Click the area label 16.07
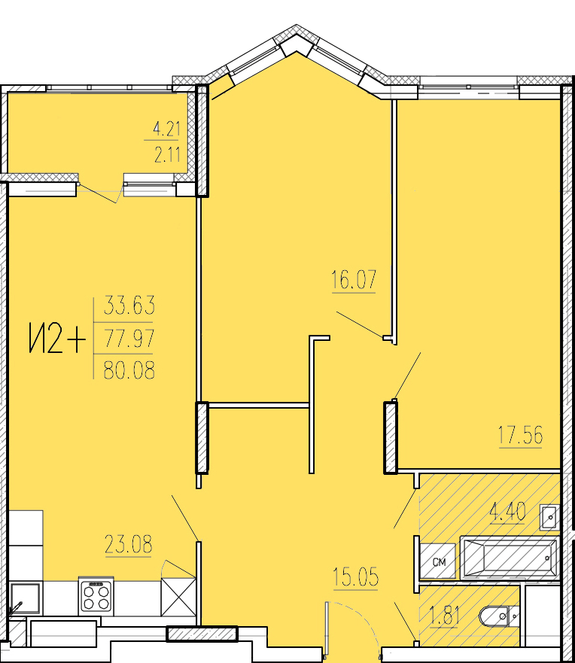coord(354,279)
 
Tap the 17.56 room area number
coord(520,435)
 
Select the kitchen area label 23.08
coord(128,544)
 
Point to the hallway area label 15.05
coord(355,577)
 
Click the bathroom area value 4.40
coord(507,511)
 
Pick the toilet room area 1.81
coord(444,616)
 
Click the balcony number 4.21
coord(166,129)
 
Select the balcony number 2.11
coord(167,156)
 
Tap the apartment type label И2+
coord(57,338)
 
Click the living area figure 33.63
coord(129,306)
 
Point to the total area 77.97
coord(129,338)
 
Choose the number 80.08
coord(129,370)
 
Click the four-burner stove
coord(96,596)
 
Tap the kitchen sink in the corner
coord(26,599)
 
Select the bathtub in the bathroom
coord(509,558)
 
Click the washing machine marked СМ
coord(439,561)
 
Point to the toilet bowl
coord(499,617)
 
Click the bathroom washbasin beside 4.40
coord(549,517)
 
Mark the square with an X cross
coord(178,598)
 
